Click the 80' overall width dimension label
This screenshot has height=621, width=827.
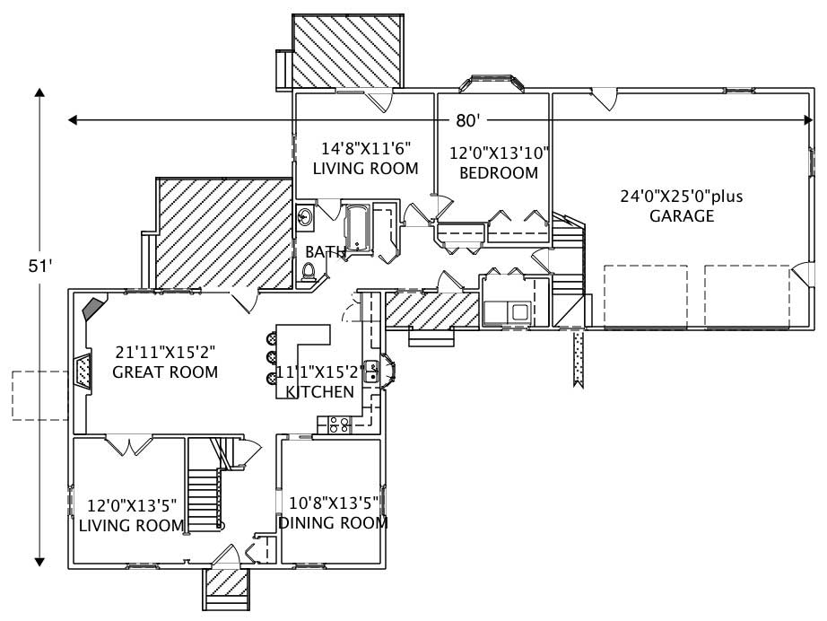point(466,119)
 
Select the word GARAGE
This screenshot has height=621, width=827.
point(682,216)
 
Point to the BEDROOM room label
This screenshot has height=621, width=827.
point(498,172)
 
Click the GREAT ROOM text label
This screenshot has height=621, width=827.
point(165,372)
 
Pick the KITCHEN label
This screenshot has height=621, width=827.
point(319,391)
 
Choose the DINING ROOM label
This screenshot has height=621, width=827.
point(333,522)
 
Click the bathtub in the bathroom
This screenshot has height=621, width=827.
point(357,228)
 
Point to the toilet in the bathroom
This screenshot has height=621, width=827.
point(309,272)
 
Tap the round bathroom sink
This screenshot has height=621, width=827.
point(305,216)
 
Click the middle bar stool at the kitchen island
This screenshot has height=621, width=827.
point(271,358)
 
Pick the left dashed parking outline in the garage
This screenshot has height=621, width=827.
point(645,295)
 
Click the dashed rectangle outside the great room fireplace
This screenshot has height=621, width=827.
point(40,395)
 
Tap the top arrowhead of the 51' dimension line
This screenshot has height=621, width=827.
point(39,93)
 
